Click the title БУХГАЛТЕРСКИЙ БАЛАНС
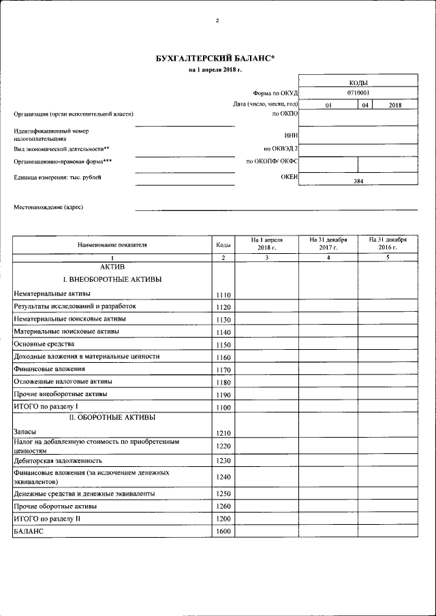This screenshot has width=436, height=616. (215, 59)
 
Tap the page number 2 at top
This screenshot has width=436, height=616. (217, 20)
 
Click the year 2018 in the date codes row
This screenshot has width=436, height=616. (395, 106)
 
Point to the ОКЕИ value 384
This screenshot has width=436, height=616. (358, 182)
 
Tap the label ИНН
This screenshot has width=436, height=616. (292, 135)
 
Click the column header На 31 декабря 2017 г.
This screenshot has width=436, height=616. (328, 244)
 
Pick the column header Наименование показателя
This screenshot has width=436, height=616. (112, 244)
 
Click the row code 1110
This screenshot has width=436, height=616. (223, 295)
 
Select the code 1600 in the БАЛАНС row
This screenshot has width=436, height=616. (223, 531)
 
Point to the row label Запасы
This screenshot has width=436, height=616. (25, 432)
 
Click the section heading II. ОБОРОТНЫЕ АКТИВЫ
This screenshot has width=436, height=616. (112, 417)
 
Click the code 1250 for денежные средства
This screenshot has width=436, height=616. (223, 493)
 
